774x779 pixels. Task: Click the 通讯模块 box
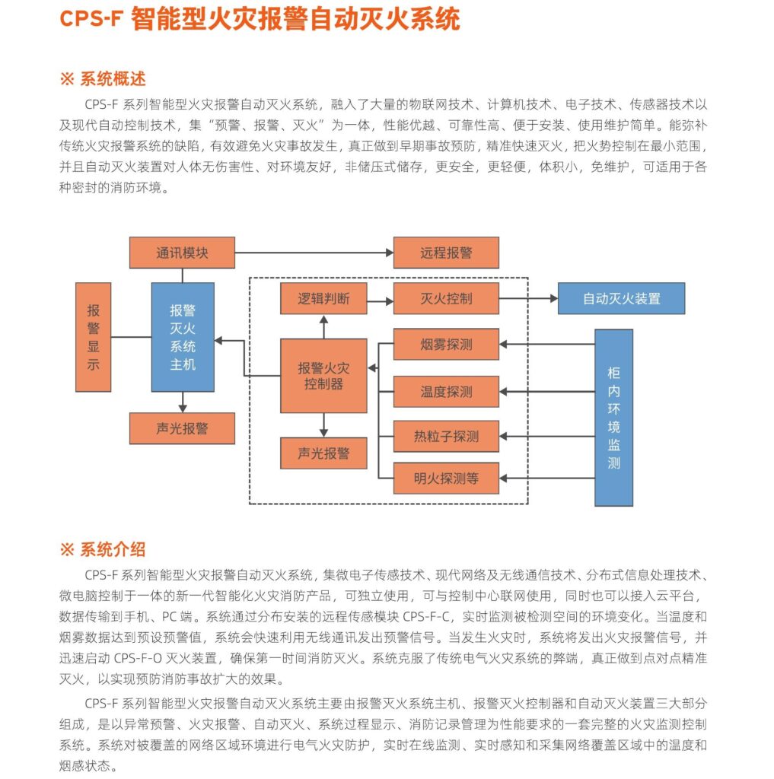[182, 253]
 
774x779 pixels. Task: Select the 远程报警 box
[446, 253]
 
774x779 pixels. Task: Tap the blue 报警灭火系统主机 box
[183, 337]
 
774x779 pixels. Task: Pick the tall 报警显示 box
[93, 337]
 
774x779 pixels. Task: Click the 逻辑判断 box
[323, 298]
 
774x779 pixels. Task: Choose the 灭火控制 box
[446, 298]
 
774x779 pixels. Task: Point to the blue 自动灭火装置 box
[621, 298]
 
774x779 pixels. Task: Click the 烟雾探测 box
[446, 344]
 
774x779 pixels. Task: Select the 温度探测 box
[446, 392]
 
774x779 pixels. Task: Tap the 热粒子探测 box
[446, 436]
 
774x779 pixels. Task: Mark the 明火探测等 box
[446, 479]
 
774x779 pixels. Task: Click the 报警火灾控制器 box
[323, 376]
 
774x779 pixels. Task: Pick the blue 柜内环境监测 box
[614, 418]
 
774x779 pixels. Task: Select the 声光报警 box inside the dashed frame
[323, 453]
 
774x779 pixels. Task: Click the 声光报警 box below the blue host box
[182, 428]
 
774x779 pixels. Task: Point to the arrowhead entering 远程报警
[390, 253]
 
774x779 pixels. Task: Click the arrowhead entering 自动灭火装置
[554, 298]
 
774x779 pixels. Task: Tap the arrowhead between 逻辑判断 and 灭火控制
[390, 301]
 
